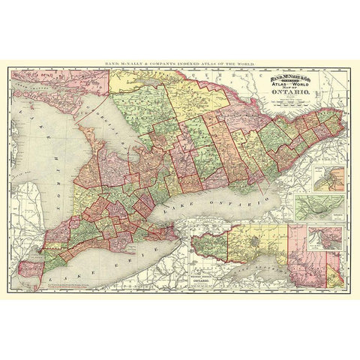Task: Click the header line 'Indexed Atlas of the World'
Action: [x=180, y=57]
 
